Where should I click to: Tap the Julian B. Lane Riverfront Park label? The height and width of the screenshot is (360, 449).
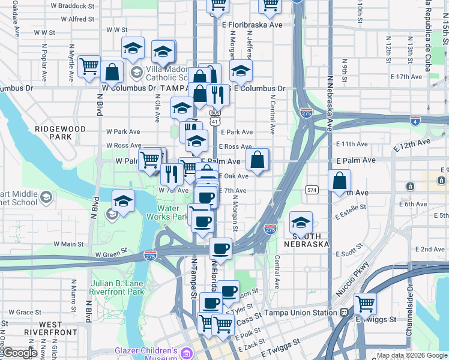click(x=117, y=287)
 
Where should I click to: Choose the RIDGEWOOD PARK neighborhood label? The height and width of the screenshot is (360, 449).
click(x=53, y=133)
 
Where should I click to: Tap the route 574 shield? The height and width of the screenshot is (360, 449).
click(x=312, y=190)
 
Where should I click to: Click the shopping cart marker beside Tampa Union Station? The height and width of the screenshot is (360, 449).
click(x=365, y=303)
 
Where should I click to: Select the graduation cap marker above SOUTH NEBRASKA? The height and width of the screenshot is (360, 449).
click(x=301, y=222)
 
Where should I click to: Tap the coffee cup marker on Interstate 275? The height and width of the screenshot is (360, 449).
click(x=220, y=248)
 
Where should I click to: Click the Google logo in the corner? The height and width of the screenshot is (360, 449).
click(x=20, y=353)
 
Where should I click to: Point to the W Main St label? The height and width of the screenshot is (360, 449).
click(x=68, y=244)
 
